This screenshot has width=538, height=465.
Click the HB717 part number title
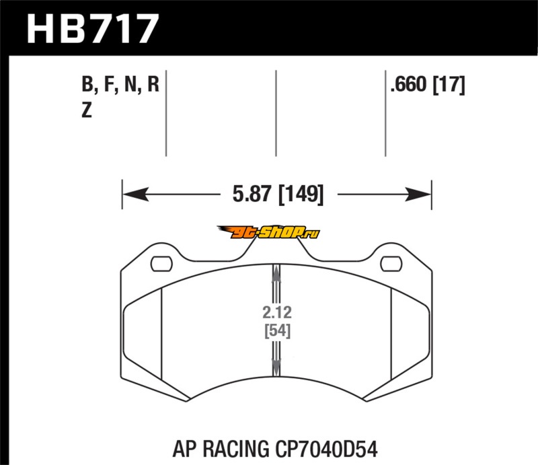[93, 29]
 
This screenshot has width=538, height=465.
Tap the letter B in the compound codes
[87, 84]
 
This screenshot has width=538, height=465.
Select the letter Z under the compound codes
[87, 110]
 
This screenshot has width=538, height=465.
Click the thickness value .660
[408, 84]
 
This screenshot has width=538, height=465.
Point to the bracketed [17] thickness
[449, 85]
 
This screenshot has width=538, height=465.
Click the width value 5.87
[252, 194]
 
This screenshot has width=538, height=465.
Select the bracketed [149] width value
[301, 194]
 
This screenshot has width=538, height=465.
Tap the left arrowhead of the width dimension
[136, 194]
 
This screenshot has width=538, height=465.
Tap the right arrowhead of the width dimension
[418, 194]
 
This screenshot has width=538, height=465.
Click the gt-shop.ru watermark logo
[268, 232]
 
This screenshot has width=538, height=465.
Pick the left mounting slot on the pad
[161, 264]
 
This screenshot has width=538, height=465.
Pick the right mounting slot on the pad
[391, 264]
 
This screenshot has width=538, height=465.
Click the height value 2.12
[277, 312]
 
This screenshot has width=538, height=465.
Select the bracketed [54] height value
[277, 330]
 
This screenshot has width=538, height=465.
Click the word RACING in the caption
[236, 450]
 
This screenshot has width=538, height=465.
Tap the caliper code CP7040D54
[326, 450]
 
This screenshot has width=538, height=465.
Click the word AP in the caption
[184, 450]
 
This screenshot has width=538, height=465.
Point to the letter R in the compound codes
[153, 84]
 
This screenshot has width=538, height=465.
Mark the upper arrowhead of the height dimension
[276, 274]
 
